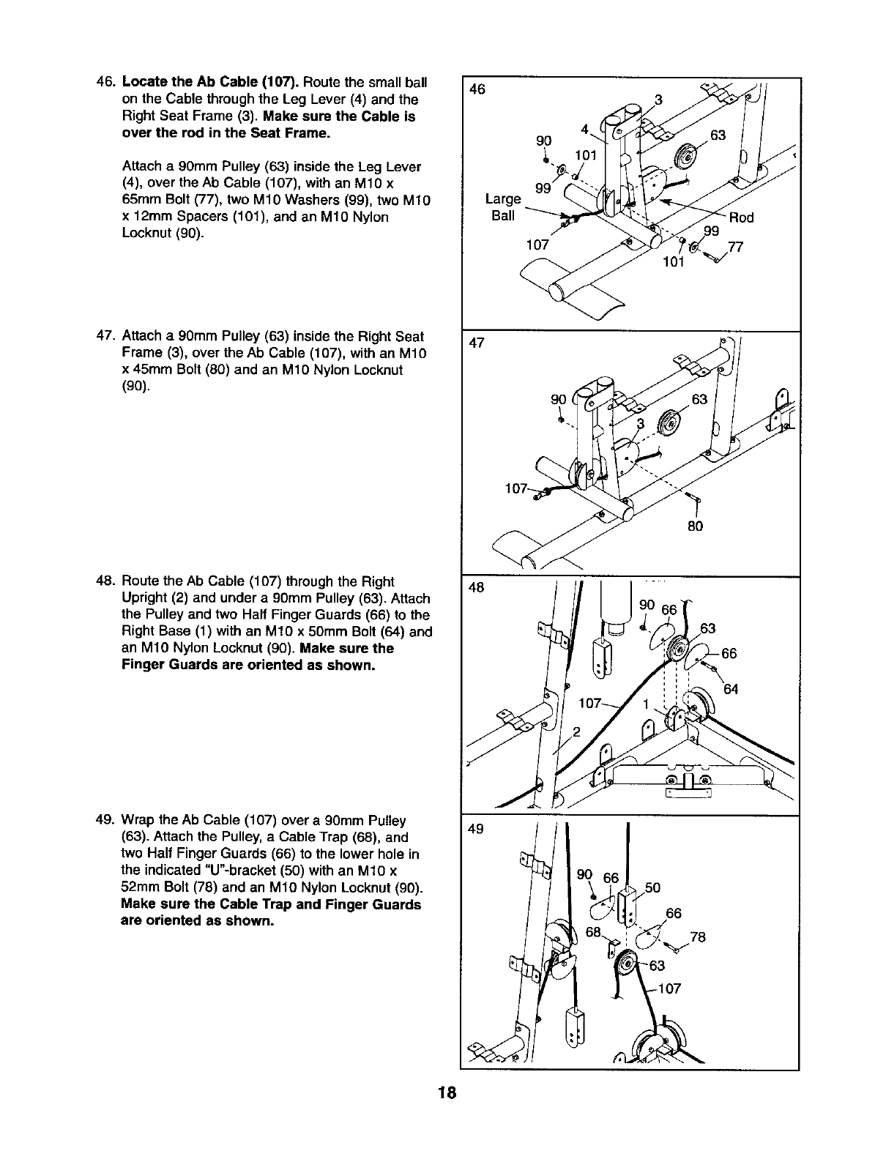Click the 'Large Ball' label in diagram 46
coord(503,207)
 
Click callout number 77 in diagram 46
coord(736,247)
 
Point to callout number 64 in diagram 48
coord(731,689)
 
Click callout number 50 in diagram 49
coord(652,888)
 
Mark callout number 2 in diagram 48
coord(576,732)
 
